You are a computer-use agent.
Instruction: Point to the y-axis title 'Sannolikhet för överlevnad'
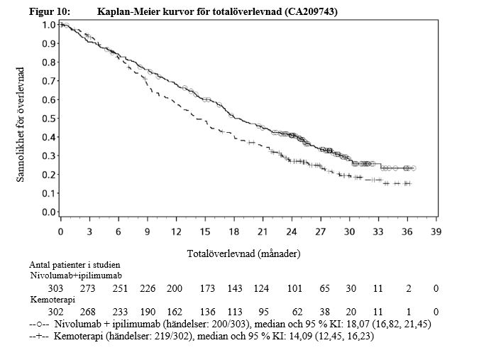coord(21,125)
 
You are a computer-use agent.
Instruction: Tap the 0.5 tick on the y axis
coord(49,118)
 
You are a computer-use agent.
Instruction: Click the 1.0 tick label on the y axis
coord(49,24)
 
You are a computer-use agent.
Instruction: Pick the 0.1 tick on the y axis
coord(49,193)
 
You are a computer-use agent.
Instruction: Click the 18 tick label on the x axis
coord(234,232)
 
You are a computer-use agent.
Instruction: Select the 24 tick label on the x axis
coord(292,232)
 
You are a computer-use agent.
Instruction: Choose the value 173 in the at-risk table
coord(207,289)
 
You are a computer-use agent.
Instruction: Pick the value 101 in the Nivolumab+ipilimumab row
coord(294,289)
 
